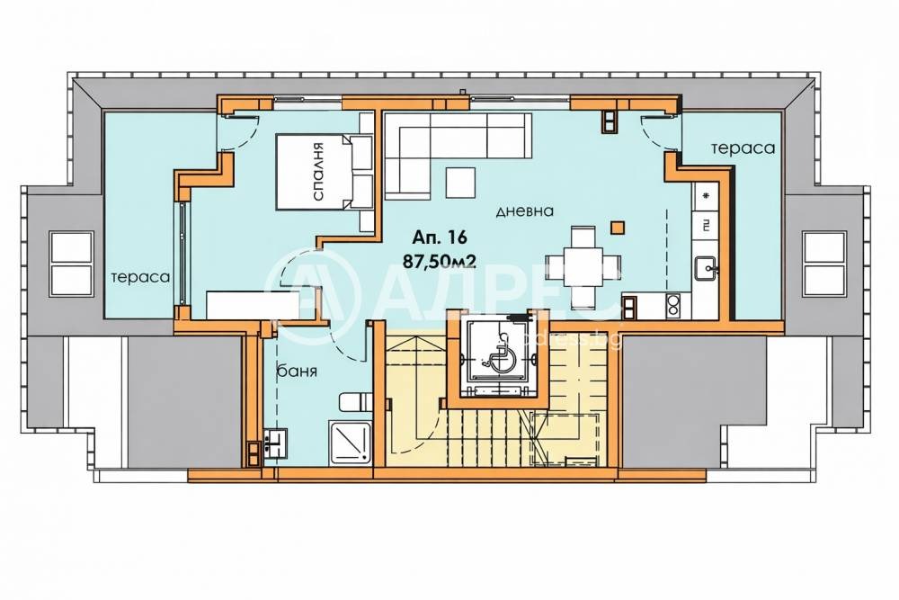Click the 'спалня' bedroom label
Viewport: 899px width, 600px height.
(319, 172)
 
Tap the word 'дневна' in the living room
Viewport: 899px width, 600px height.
(525, 211)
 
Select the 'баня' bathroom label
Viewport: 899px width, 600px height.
(297, 371)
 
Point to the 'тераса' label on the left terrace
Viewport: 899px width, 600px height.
(140, 278)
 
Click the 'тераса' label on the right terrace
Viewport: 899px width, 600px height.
(743, 148)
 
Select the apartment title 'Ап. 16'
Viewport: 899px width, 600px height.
(440, 236)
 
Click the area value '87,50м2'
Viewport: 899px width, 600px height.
(440, 262)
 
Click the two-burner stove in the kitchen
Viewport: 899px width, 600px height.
(672, 305)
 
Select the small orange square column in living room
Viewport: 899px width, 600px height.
(617, 228)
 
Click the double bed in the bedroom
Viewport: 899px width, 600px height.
(324, 172)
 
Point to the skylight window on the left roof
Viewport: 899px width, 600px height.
(71, 264)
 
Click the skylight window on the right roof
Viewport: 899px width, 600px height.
(824, 264)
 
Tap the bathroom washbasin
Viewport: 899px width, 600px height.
(278, 443)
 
